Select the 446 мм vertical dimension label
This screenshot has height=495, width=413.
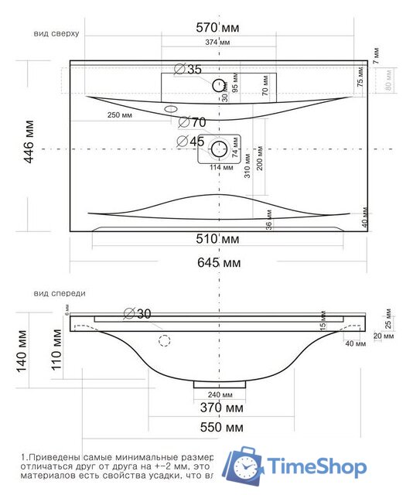pos(29,145)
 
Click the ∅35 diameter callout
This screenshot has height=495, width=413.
pos(188,70)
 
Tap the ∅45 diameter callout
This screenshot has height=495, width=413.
pos(190,142)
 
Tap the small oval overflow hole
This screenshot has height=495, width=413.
pos(171,109)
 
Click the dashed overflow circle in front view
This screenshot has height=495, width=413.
pos(164,341)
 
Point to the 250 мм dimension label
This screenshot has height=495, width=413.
pos(121,114)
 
